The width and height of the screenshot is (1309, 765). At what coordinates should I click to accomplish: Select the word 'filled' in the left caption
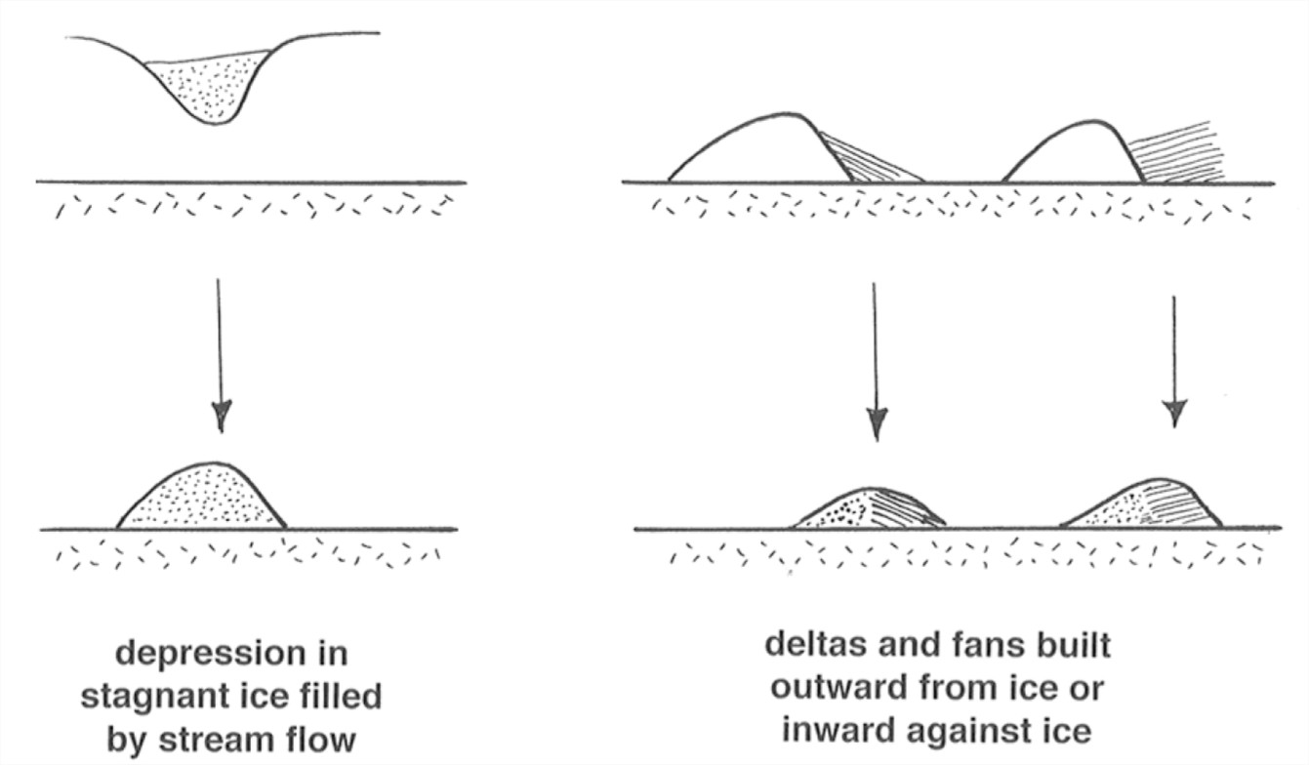337,699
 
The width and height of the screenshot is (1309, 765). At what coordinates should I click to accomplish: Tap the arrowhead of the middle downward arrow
877,423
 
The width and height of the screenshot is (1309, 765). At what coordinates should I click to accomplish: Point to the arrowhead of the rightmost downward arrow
1174,412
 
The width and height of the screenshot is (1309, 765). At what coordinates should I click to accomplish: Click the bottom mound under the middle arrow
869,509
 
